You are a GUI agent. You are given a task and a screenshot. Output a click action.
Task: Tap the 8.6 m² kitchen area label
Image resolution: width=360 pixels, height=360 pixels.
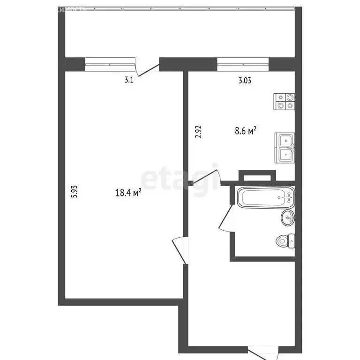245,131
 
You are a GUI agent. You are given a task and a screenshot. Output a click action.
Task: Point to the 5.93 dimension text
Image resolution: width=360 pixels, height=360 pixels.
74,193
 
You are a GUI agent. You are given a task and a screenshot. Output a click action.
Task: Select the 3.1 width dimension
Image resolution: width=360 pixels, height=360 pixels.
129,80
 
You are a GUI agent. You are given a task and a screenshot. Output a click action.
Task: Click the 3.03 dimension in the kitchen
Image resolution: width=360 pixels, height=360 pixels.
245,80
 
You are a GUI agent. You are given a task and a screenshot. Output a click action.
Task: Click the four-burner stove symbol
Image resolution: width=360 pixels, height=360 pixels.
285,102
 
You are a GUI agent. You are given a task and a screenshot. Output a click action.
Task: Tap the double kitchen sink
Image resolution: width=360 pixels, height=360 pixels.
285,148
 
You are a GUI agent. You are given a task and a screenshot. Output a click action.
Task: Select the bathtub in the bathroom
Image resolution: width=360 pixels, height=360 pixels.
266,198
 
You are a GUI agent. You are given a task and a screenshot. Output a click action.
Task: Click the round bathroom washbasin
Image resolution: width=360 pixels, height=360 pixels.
288,217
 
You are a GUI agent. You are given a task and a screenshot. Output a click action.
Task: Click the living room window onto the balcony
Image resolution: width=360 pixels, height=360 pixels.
110,64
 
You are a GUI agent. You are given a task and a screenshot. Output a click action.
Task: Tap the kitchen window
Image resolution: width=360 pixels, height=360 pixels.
243,64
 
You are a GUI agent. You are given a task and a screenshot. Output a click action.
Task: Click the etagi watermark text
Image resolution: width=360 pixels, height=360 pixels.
180,178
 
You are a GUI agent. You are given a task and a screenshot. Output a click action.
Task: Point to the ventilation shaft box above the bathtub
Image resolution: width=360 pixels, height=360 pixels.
256,177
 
